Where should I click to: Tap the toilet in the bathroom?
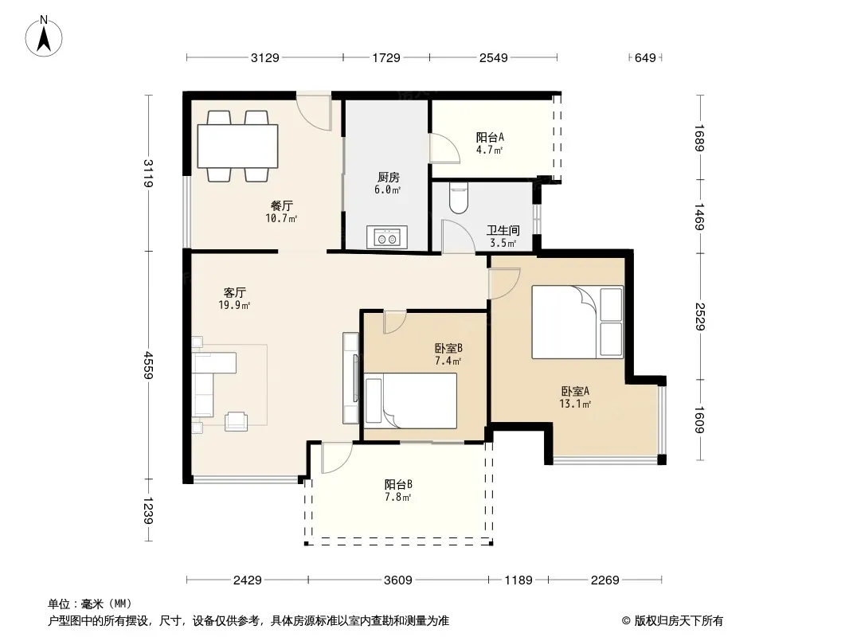point(459,198)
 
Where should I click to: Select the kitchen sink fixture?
point(386,237)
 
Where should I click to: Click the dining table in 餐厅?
point(237,147)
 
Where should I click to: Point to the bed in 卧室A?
point(577,322)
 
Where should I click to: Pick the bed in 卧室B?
point(410,401)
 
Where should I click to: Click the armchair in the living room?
point(236,421)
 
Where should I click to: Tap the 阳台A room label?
point(490,138)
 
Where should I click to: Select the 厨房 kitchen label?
point(388,177)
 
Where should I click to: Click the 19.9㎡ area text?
point(234,305)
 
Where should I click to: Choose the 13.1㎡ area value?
point(575,404)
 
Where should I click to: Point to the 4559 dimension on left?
point(148,365)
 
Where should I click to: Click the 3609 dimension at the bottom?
point(398,580)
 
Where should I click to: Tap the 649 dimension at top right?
point(645,57)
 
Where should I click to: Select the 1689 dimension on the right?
point(699,138)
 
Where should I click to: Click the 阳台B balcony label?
point(398,484)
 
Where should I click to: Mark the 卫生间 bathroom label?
point(503,231)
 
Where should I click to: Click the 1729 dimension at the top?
point(386,57)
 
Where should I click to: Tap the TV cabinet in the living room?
point(351,377)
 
